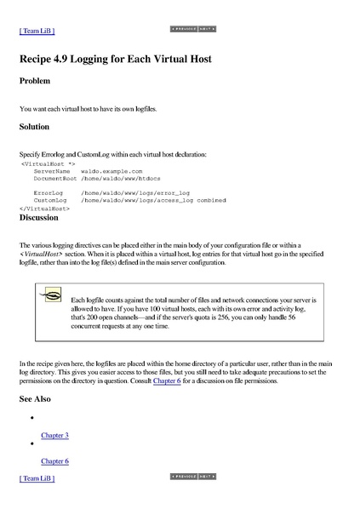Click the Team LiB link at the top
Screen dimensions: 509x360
pos(37,31)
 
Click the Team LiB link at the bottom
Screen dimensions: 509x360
pos(37,479)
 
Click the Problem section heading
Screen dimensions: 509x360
pos(35,81)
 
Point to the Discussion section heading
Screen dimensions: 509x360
pos(39,217)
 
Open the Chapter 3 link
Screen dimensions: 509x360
pos(54,435)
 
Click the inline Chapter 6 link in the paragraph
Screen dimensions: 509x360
pos(167,380)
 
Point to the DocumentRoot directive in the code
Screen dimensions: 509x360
pos(55,179)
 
